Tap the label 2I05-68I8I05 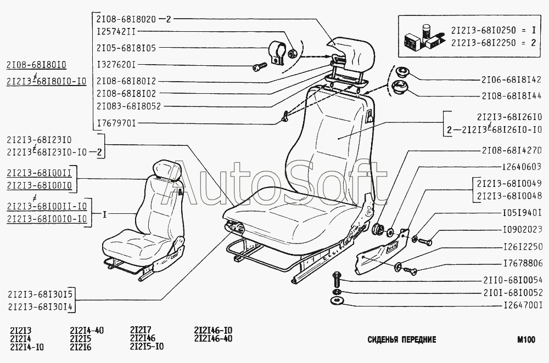(x=126, y=48)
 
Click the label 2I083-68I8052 (x=128, y=106)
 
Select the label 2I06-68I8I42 (x=512, y=79)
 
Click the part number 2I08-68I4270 (x=512, y=150)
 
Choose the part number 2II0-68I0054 (x=512, y=279)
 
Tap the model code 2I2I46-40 (x=213, y=338)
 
